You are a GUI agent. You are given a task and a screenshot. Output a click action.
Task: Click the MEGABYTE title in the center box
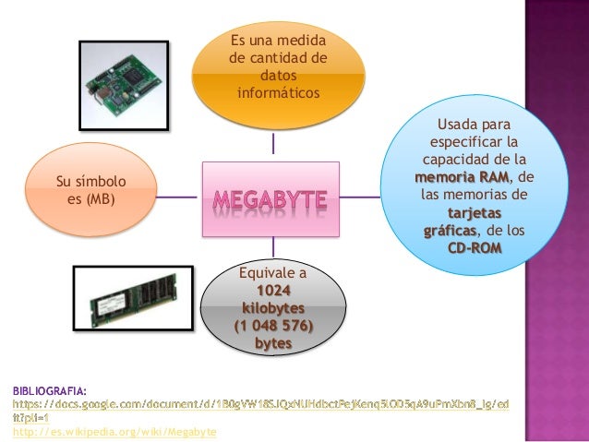[271, 197]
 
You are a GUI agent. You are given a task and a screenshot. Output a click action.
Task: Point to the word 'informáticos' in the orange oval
[278, 93]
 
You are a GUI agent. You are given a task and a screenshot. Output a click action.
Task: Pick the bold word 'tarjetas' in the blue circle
[475, 212]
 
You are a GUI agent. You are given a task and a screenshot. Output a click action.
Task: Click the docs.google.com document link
[259, 405]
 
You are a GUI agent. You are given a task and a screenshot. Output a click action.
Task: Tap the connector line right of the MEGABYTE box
[359, 196]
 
